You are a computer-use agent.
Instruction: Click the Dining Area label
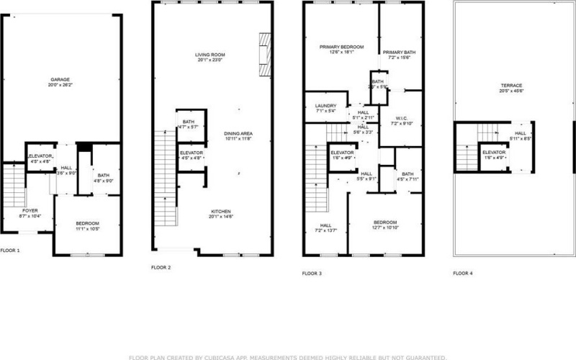pyautogui.click(x=238, y=135)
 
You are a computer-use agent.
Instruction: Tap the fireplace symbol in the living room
pyautogui.click(x=264, y=55)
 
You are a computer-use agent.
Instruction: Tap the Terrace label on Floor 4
pyautogui.click(x=510, y=87)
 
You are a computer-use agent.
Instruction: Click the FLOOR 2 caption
pyautogui.click(x=161, y=267)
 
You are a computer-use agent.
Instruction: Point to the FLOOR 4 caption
pyautogui.click(x=463, y=273)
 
